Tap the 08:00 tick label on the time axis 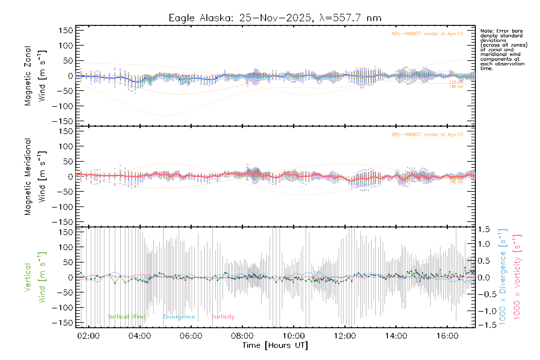coord(242,336)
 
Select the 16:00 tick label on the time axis coord(447,336)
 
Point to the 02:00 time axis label coord(88,336)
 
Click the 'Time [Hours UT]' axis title coord(275,346)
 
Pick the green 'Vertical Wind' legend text coord(126,317)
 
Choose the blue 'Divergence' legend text coord(179,317)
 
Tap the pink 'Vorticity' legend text coord(223,317)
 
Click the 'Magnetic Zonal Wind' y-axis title coord(35,76)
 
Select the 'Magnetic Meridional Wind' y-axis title coord(35,177)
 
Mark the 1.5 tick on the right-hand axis coord(484,229)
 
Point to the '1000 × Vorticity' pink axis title coord(517,277)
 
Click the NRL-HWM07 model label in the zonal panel coord(427,34)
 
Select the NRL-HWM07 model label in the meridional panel coord(427,135)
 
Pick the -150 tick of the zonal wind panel coord(62,121)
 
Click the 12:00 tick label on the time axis coord(345,336)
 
